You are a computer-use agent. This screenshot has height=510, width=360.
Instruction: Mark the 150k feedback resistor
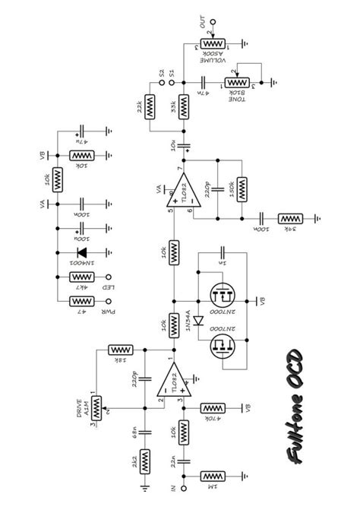coord(241,187)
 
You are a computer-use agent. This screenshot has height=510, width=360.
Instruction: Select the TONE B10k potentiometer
coord(239,81)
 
